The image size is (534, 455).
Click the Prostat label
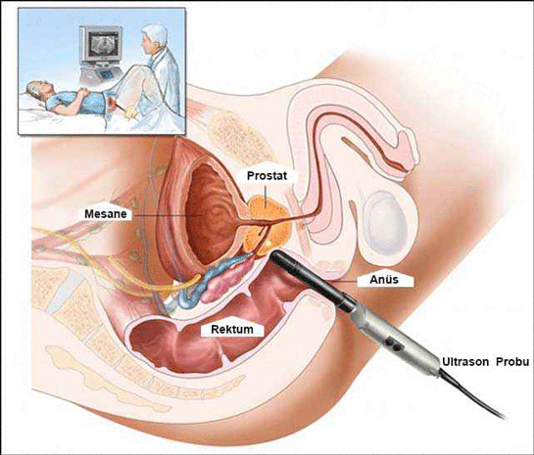(x=267, y=176)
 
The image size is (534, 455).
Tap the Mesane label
(x=106, y=214)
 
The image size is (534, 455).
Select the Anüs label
(x=384, y=280)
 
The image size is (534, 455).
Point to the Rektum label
(x=232, y=329)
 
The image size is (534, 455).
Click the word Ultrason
(x=465, y=361)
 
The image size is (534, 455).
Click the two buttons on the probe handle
(x=393, y=344)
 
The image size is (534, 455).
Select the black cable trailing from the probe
(x=471, y=396)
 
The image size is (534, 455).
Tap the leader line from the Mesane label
(x=165, y=215)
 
